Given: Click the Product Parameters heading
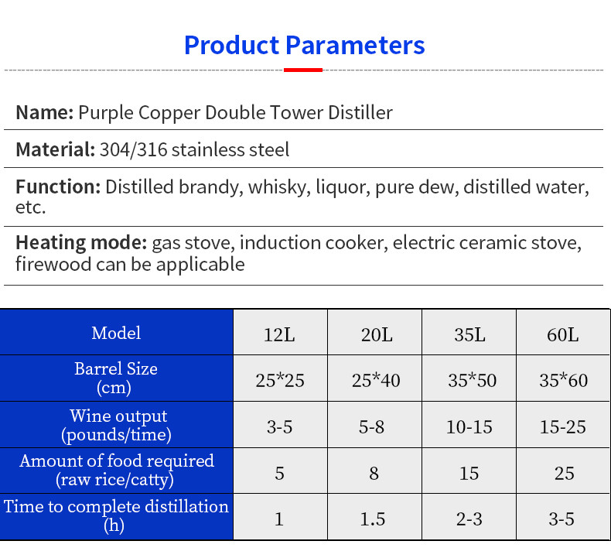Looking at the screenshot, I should pyautogui.click(x=304, y=45).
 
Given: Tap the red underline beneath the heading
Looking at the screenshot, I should pyautogui.click(x=303, y=70).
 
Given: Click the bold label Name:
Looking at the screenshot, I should pyautogui.click(x=44, y=113).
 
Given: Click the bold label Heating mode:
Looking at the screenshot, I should pyautogui.click(x=81, y=243).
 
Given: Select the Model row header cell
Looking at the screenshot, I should pyautogui.click(x=116, y=334).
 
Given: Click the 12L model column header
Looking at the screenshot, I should pyautogui.click(x=280, y=335).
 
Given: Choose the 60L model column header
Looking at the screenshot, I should pyautogui.click(x=562, y=335).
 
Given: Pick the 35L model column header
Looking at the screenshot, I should pyautogui.click(x=469, y=335).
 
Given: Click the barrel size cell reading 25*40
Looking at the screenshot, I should pyautogui.click(x=376, y=381).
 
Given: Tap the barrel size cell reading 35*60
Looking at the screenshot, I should pyautogui.click(x=562, y=381).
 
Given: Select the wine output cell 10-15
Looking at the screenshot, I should pyautogui.click(x=469, y=426).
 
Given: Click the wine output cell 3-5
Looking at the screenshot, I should pyautogui.click(x=280, y=426).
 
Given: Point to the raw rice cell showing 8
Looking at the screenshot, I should pyautogui.click(x=374, y=473).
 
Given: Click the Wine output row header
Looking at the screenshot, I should pyautogui.click(x=116, y=426).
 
